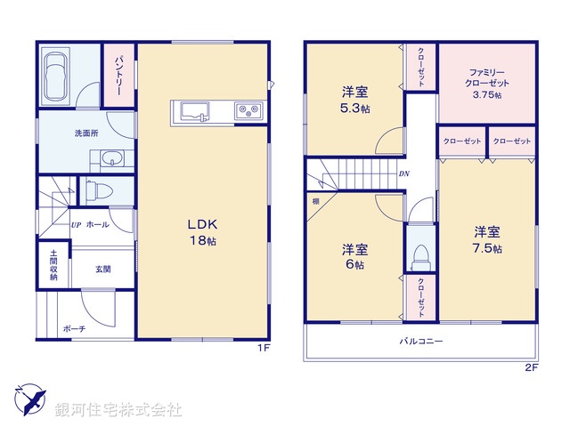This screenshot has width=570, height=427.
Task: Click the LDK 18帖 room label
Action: coord(202,231)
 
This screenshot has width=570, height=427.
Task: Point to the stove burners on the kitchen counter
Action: coord(246,110)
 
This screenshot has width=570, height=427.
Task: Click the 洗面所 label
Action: coord(86,134)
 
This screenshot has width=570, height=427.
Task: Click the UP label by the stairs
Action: coord(76,224)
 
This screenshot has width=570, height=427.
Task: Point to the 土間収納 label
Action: coord(53,265)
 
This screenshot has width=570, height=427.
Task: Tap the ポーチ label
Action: coord(73,328)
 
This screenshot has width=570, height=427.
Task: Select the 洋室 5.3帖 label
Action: coord(354,99)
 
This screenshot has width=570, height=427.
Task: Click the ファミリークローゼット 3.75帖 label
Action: coord(487,83)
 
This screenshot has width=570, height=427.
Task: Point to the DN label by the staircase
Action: coord(404,174)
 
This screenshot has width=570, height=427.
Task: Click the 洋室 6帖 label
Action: coord(354,256)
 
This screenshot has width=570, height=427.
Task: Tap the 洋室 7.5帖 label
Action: coord(487,240)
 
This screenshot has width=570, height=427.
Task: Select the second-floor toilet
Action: coord(420,253)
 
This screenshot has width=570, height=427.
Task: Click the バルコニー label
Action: coord(420,341)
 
